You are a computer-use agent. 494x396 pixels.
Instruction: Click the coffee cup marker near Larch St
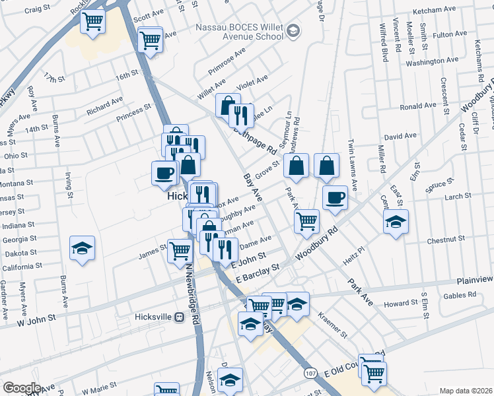click(x=335, y=197)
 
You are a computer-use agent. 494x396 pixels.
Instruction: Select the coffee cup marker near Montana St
click(x=164, y=174)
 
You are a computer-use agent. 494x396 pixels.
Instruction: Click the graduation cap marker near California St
click(x=83, y=248)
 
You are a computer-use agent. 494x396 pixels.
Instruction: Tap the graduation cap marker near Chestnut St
click(x=396, y=221)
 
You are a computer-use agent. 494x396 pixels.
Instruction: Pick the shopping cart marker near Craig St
click(x=93, y=20)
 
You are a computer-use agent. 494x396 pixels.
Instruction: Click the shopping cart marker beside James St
click(x=179, y=251)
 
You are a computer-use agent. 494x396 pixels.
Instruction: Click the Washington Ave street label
click(x=432, y=62)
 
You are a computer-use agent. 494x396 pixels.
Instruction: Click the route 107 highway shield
click(x=311, y=374)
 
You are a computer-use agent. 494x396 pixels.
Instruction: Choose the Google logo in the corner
click(x=21, y=388)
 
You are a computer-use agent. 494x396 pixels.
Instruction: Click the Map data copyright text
click(x=466, y=391)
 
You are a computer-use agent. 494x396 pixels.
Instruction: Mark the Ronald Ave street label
click(x=418, y=106)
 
